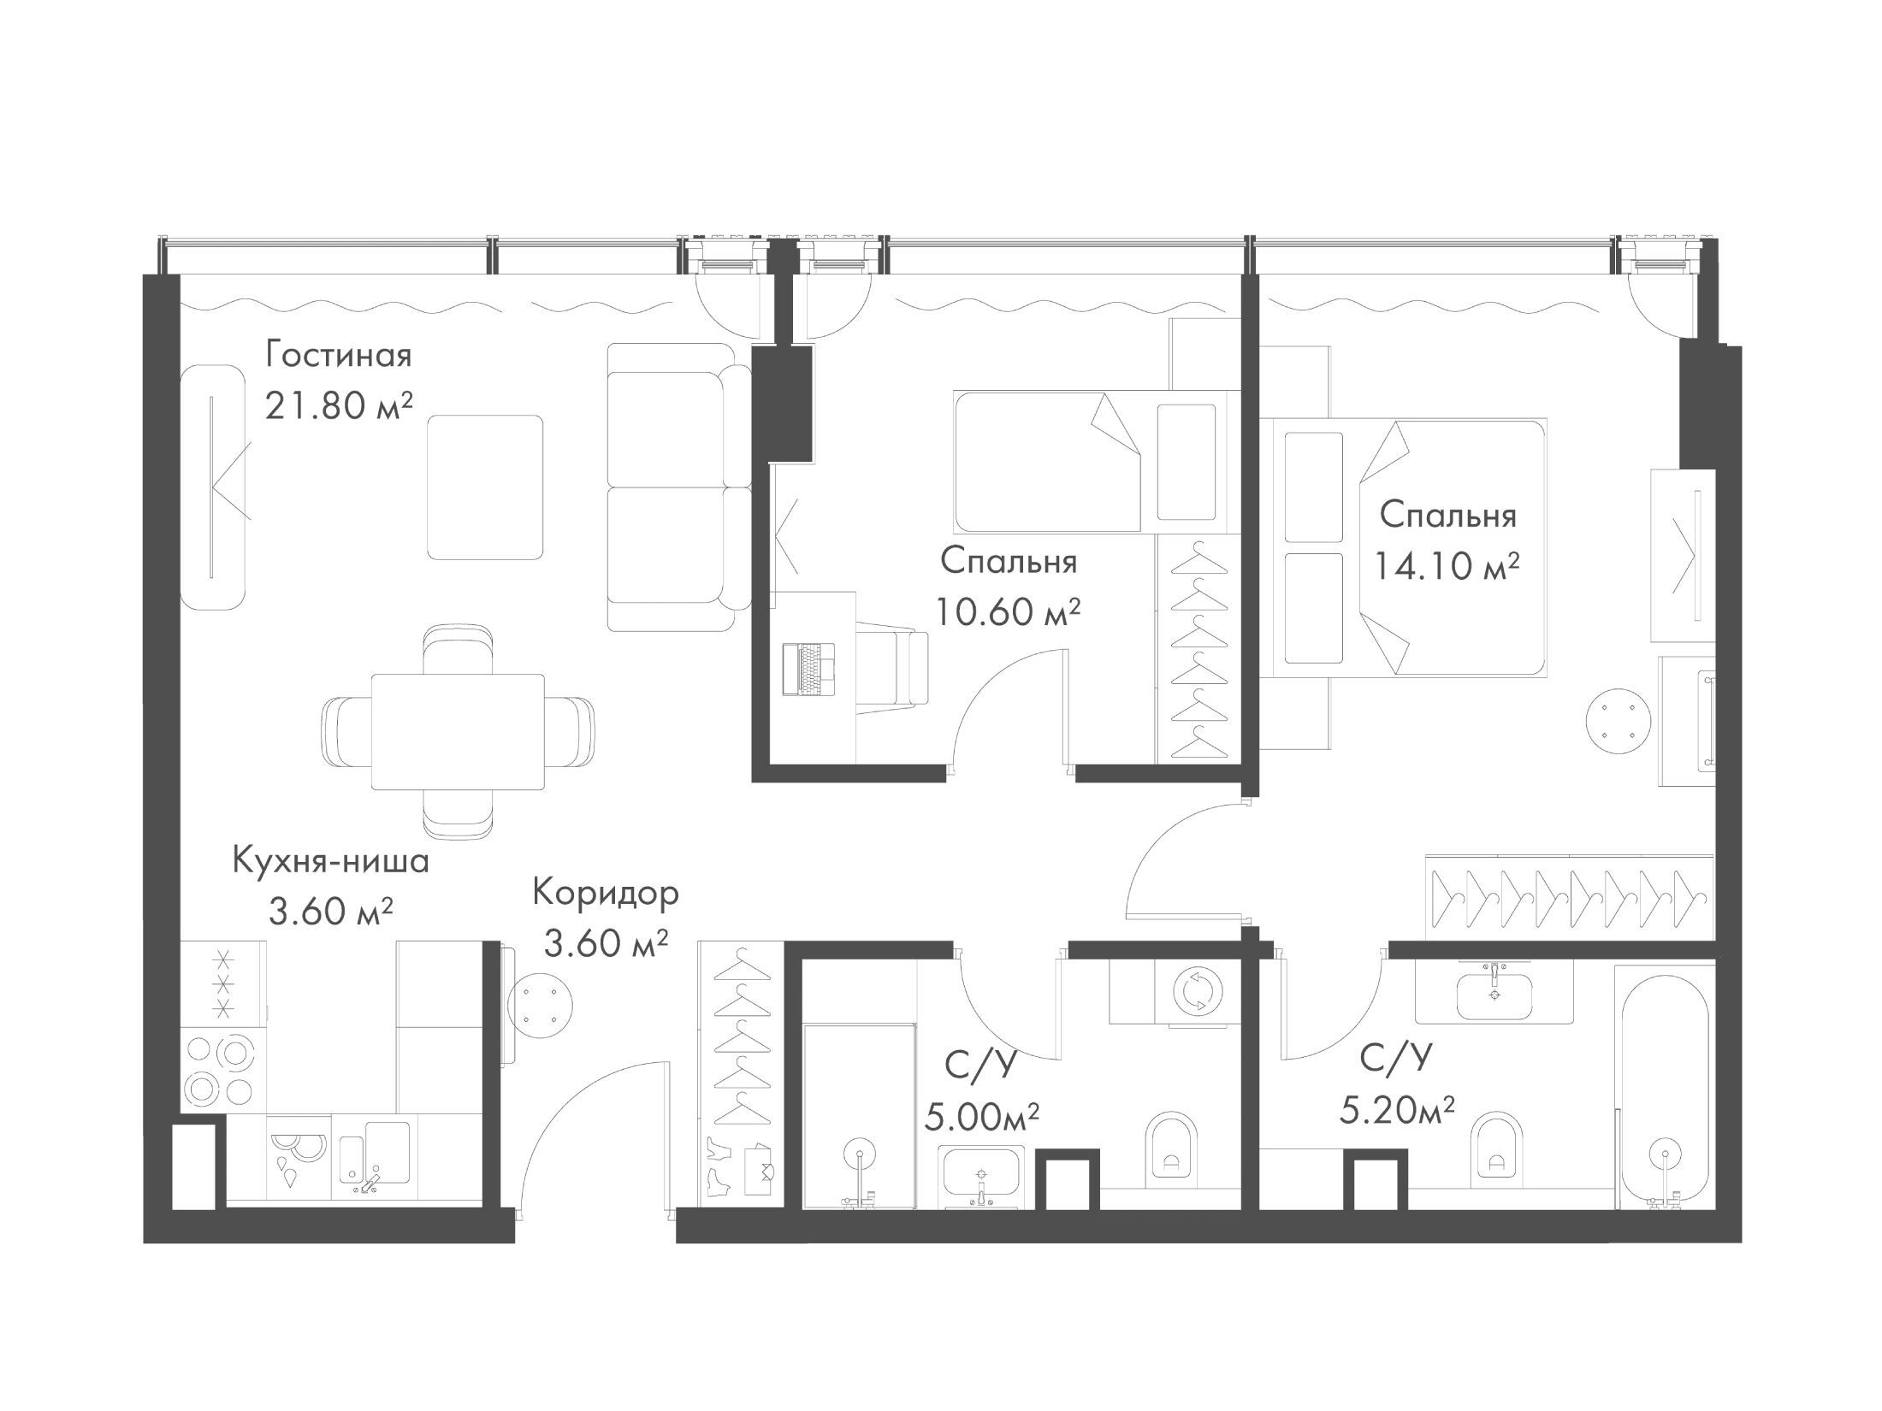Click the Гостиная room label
339,354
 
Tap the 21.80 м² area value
339,407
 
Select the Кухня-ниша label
331,862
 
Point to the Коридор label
606,893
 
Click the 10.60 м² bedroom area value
1008,612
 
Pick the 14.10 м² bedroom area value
1447,565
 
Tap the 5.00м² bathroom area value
982,1117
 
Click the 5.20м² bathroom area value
1397,1113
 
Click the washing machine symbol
1198,992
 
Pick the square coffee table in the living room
486,487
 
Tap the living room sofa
678,487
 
